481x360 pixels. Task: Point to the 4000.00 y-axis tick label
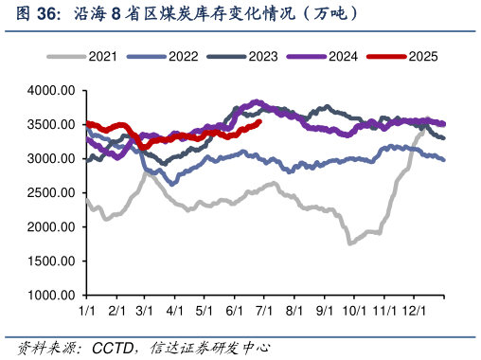[50, 91]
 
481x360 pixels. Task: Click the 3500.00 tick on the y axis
[50, 125]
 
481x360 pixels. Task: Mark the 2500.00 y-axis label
[50, 193]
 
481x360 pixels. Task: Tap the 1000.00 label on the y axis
[50, 296]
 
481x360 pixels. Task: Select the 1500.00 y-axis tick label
[50, 261]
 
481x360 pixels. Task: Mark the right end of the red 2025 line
[260, 121]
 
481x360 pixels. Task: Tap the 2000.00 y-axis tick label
[50, 227]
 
